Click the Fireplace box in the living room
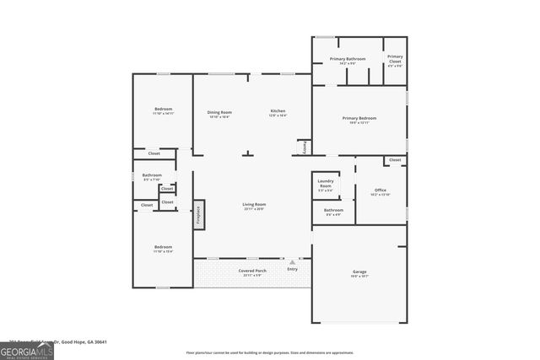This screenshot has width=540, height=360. (x=198, y=212)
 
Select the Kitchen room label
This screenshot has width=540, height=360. (x=278, y=112)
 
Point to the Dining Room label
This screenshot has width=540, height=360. (x=219, y=112)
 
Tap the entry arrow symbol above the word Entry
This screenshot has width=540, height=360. (x=292, y=262)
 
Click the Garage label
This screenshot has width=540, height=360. (x=359, y=272)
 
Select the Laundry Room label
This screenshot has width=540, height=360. (x=326, y=184)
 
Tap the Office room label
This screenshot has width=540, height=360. (x=381, y=191)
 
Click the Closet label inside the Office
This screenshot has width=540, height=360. (x=394, y=160)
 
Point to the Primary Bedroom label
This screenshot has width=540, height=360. (x=359, y=119)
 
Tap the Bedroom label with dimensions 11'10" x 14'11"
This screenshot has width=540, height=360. (x=163, y=110)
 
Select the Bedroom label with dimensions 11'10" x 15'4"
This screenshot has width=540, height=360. (x=163, y=248)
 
